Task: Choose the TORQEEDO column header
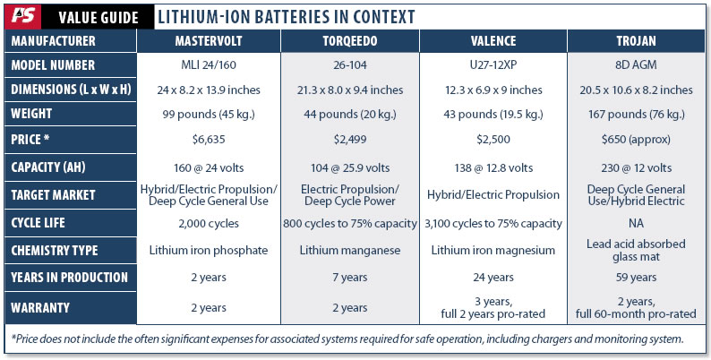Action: [x=350, y=41]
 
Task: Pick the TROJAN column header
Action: [x=638, y=41]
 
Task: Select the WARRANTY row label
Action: [x=42, y=307]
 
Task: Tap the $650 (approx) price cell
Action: [x=638, y=141]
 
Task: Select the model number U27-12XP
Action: [x=494, y=66]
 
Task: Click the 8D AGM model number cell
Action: [x=638, y=66]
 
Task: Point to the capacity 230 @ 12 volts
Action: [x=638, y=167]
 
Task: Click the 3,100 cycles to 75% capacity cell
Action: [x=494, y=222]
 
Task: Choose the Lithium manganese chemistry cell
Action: [x=350, y=250]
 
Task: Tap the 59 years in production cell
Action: [x=638, y=277]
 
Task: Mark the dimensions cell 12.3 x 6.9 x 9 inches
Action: [x=494, y=90]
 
